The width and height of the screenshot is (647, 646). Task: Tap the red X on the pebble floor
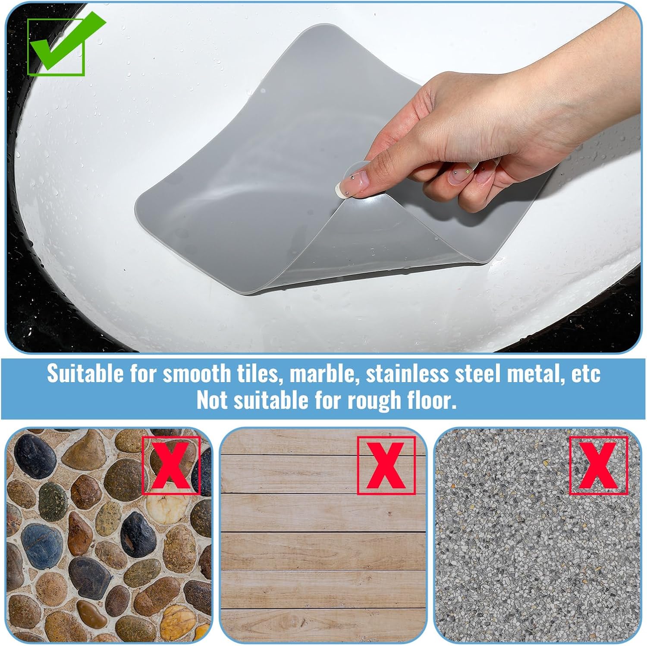coord(171,465)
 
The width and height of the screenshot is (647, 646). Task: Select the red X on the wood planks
coord(386,465)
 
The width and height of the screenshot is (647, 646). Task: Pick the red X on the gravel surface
coord(598,465)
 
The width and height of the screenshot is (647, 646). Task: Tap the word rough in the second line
coord(368,401)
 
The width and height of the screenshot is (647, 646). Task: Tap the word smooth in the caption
coord(196,374)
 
